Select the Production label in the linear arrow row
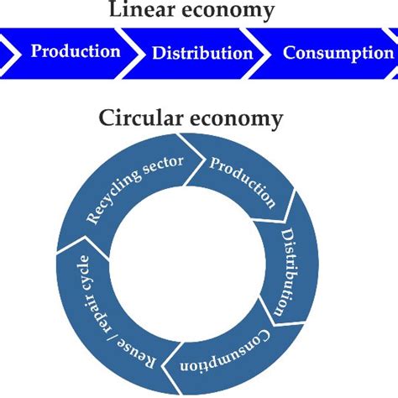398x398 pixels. click(x=76, y=51)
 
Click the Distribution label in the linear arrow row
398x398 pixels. click(x=202, y=53)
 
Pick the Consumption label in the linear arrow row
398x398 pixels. click(x=338, y=53)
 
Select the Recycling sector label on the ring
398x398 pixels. click(x=134, y=189)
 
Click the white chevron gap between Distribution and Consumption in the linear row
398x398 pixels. click(x=264, y=52)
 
